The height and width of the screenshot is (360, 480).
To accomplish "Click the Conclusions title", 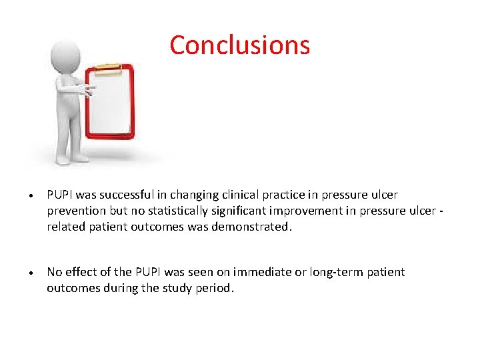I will (239, 45).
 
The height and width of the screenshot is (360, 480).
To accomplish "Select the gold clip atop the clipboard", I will (108, 68).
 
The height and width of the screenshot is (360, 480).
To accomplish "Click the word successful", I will (137, 195).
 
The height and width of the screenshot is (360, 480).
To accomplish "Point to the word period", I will (217, 288).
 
